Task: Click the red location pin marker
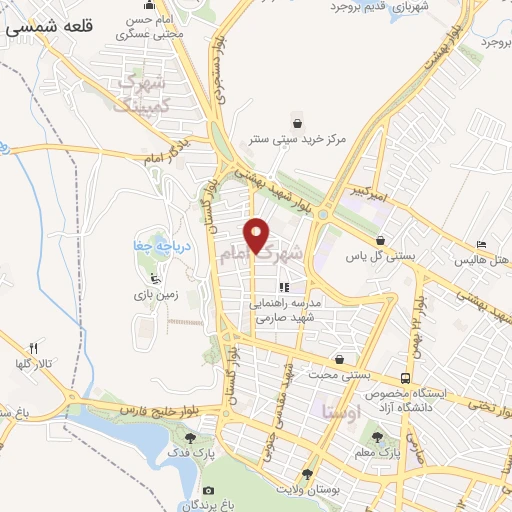(257, 234)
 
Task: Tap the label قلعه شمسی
(49, 27)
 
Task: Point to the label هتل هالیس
(477, 260)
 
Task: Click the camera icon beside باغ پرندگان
(208, 490)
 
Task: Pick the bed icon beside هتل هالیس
(481, 244)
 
